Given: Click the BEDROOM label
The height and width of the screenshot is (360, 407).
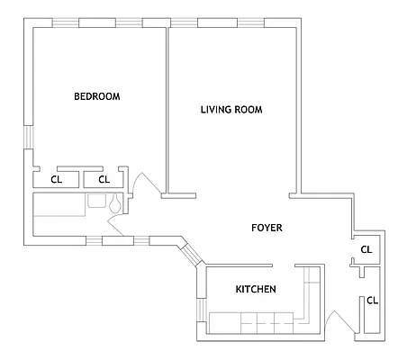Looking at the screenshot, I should point(97,96).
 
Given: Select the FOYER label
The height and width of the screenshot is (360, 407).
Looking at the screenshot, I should point(267,229).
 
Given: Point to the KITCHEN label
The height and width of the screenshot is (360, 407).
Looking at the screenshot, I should point(256,289).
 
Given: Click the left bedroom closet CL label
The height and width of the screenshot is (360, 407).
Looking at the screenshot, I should point(56,179).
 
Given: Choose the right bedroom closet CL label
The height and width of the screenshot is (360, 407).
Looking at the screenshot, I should point(104,179).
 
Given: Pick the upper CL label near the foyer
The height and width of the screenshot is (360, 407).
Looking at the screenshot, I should point(366,249).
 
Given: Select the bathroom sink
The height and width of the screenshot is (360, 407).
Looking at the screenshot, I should point(94,202).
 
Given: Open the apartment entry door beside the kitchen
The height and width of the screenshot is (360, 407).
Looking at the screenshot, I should point(339,322).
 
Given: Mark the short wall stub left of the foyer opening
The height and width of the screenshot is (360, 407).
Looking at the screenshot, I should point(179,195).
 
